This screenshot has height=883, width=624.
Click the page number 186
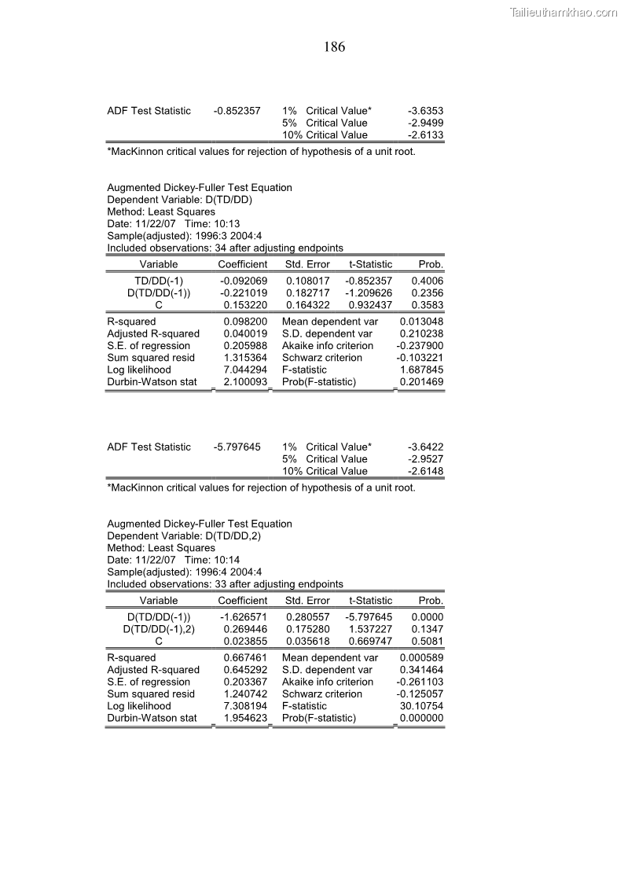click(334, 47)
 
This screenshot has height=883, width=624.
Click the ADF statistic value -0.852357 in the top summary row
click(237, 111)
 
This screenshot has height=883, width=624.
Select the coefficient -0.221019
click(244, 292)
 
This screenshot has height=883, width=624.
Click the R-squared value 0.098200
click(245, 322)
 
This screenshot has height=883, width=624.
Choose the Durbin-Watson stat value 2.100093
click(245, 382)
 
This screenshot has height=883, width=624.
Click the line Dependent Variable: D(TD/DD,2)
click(183, 535)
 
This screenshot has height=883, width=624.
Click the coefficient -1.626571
click(244, 617)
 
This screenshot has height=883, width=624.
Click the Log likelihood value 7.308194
click(245, 706)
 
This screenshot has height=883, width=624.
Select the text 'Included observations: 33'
click(166, 584)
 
